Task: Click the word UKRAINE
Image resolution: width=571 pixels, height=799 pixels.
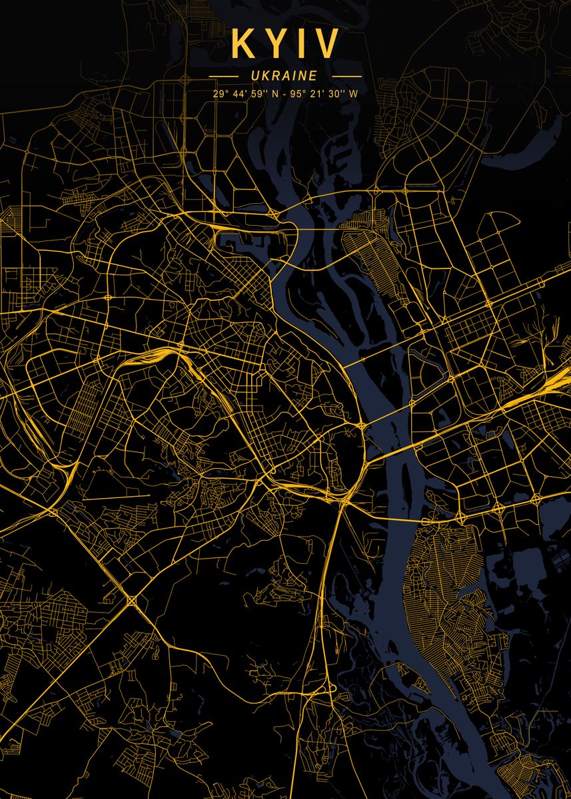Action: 285,77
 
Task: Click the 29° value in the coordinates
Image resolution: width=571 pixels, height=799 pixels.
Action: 220,94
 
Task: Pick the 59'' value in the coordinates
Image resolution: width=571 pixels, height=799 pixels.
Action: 259,94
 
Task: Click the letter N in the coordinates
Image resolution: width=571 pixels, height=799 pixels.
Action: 274,94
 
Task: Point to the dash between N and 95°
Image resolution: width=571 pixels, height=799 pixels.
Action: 283,94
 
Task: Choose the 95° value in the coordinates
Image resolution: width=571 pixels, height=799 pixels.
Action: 296,94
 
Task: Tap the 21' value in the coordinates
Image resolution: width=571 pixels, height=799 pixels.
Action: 315,94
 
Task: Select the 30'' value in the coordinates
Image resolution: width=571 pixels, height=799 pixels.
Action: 335,94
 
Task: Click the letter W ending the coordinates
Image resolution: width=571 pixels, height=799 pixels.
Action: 353,94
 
